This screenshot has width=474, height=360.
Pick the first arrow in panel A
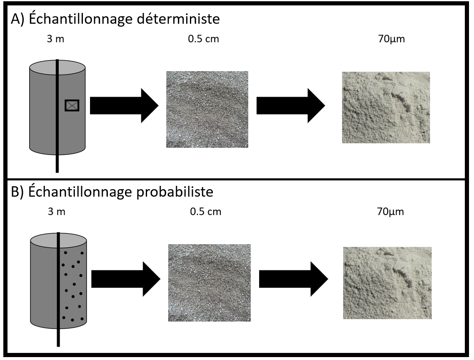(x=124, y=105)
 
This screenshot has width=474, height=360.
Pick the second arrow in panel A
(x=290, y=105)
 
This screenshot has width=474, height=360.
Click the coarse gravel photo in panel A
(x=207, y=109)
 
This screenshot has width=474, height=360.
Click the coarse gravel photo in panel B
(x=209, y=282)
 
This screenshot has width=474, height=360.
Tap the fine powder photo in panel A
(x=386, y=107)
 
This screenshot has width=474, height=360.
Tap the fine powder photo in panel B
(x=387, y=283)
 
